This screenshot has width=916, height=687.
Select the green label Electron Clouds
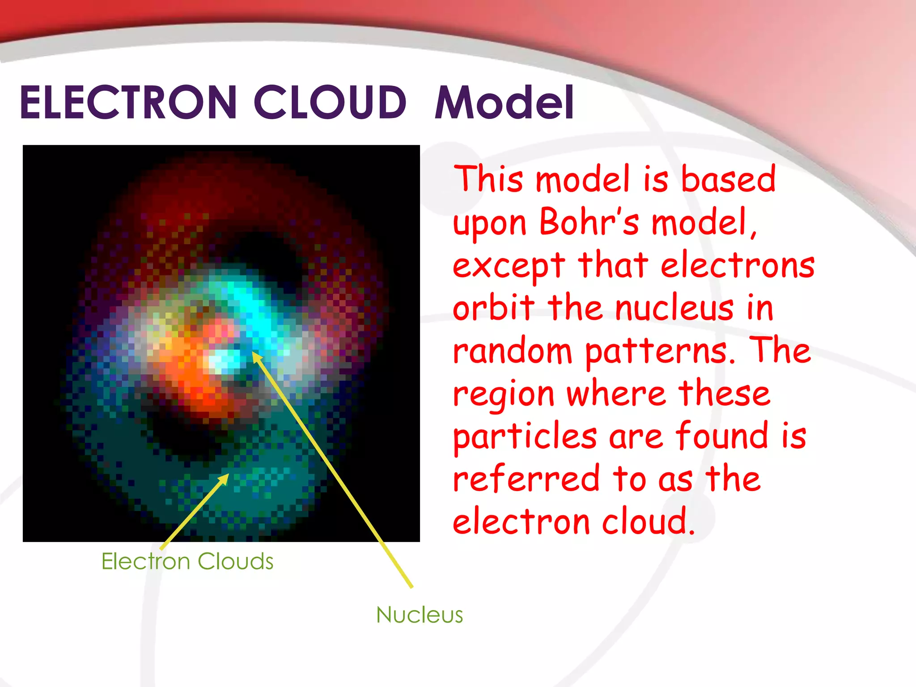(x=187, y=561)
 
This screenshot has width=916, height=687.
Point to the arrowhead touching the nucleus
(x=256, y=356)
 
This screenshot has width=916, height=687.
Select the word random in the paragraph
(x=513, y=351)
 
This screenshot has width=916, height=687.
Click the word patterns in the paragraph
(x=660, y=352)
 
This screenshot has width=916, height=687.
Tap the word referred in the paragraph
(x=526, y=479)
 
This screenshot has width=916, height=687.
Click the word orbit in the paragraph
(x=494, y=308)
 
